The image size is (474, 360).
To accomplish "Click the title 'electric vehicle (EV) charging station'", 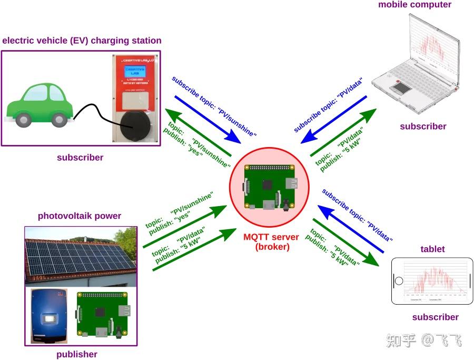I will click(x=82, y=41).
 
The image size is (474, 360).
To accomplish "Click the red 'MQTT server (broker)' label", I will click(x=271, y=242).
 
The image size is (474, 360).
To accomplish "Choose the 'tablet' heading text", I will click(x=432, y=249).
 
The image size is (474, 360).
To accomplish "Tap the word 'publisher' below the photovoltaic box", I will click(x=77, y=354).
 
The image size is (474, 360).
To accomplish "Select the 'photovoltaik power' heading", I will click(x=80, y=216).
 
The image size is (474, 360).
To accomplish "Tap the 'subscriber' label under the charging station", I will click(x=80, y=157).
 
